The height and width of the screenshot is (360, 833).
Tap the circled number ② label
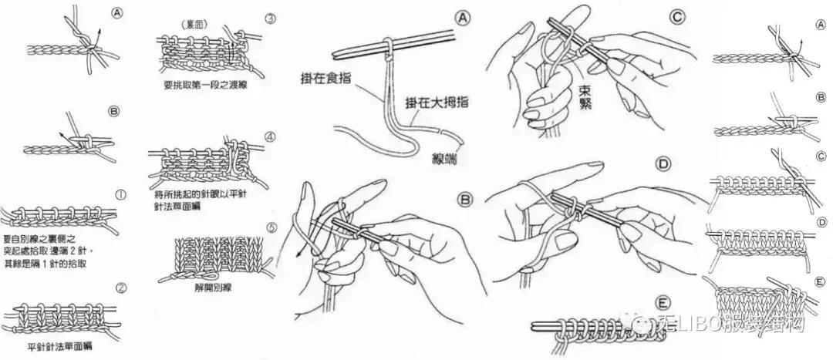tap(121, 289)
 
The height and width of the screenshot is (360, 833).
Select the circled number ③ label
tap(269, 19)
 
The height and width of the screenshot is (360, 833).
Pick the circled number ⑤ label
tap(269, 227)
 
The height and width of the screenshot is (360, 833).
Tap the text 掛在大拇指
tap(433, 101)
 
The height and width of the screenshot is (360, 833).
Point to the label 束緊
tap(585, 96)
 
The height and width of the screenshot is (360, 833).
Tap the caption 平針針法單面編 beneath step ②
tap(59, 346)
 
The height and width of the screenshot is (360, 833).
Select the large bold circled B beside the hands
tap(464, 200)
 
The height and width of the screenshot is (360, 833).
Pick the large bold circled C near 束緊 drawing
tap(655, 15)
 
